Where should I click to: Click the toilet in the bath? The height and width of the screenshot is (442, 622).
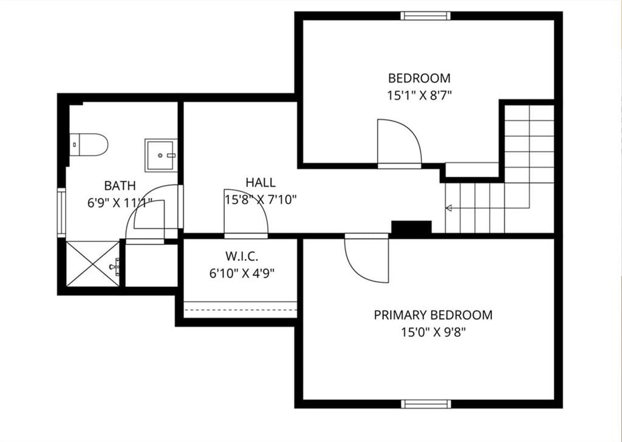[x=89, y=145]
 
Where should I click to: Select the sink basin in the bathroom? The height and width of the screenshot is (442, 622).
[x=160, y=155]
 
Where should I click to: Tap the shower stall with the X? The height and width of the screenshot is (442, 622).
[x=92, y=264]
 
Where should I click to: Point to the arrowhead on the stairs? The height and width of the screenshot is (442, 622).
[x=449, y=208]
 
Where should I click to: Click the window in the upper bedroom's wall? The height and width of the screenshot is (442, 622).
[x=425, y=16]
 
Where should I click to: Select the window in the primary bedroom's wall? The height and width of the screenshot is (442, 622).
[x=426, y=404]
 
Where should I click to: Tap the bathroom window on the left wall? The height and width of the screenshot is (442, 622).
[x=61, y=213]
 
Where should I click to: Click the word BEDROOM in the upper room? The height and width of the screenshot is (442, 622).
[x=419, y=78]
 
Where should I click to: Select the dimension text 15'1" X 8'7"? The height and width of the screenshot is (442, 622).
[x=419, y=95]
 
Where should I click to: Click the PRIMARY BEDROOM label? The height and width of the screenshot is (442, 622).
[x=433, y=315]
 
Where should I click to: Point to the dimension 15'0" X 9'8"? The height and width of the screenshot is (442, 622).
[x=433, y=332]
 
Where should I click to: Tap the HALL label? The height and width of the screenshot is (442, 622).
[x=261, y=182]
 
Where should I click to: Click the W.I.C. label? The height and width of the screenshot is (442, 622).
[x=242, y=256]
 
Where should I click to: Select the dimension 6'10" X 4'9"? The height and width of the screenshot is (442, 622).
[x=242, y=273]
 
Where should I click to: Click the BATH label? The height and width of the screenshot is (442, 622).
[x=120, y=185]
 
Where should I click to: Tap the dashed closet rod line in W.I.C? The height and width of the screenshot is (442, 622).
[x=241, y=309]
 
